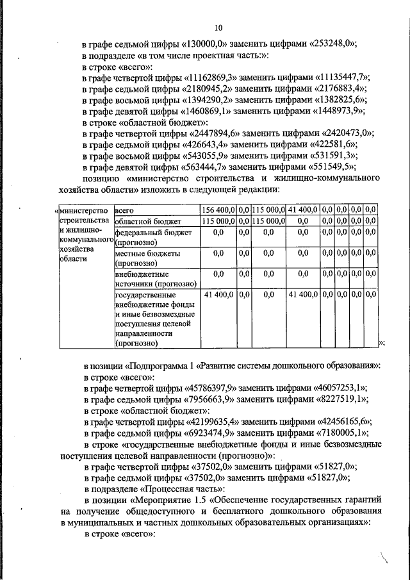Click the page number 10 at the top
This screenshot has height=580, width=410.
coord(218,28)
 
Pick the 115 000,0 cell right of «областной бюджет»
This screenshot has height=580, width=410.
coord(218,221)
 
